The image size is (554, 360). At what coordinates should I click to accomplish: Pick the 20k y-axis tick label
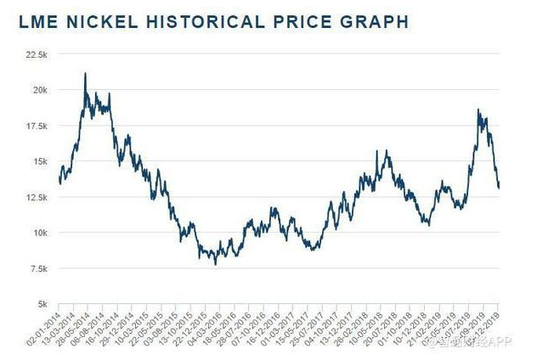(x=39, y=90)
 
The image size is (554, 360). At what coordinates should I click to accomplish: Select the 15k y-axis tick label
(x=39, y=161)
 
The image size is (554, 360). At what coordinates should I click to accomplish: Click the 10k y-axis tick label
(x=39, y=233)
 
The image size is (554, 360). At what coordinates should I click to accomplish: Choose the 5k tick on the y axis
(x=42, y=304)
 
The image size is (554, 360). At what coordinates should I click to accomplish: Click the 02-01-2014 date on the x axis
(x=43, y=328)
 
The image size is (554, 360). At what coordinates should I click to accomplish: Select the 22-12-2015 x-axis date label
(x=188, y=328)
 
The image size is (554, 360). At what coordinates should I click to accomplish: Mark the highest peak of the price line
(x=85, y=74)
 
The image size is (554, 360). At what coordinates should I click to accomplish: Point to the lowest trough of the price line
(x=215, y=264)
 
